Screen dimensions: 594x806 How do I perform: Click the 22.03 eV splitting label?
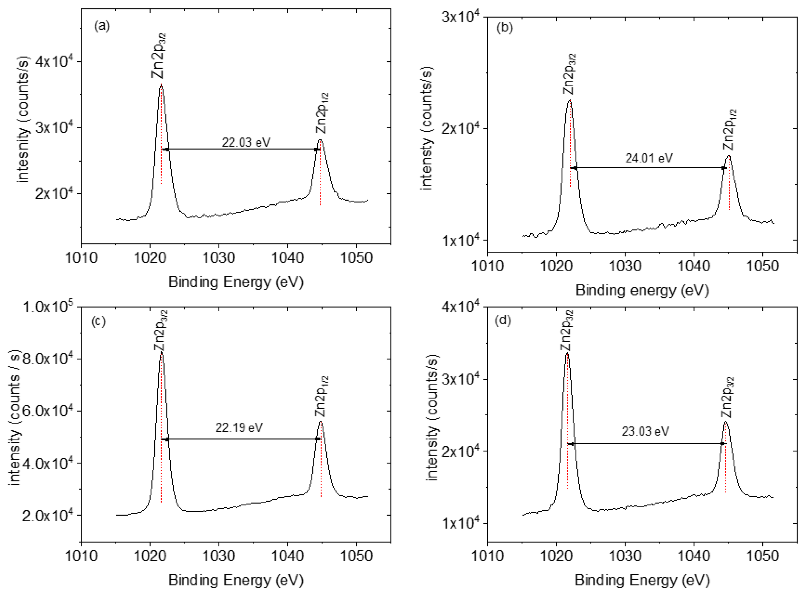point(246,143)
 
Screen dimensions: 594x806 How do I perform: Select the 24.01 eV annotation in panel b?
point(649,158)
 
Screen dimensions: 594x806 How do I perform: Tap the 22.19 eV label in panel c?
point(239,428)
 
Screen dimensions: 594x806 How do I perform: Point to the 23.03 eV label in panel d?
point(645,431)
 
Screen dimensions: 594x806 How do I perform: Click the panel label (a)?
point(102,26)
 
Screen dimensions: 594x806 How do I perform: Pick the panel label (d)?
point(503,320)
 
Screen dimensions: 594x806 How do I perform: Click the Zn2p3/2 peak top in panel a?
point(161,85)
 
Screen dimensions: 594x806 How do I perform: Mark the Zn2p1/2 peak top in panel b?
point(729,156)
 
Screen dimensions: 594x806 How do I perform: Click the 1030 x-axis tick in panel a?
point(218,258)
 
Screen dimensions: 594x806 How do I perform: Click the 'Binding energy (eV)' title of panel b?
point(642,290)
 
